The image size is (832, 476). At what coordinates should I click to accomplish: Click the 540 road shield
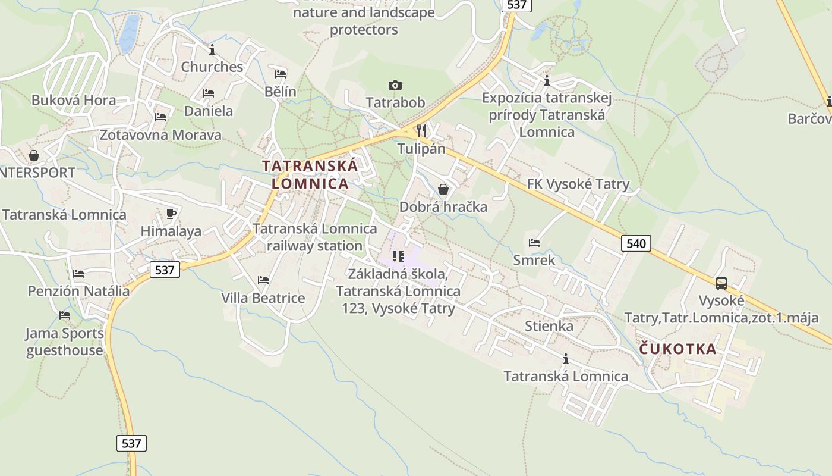click(636, 243)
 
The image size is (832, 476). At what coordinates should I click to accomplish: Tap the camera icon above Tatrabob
click(395, 86)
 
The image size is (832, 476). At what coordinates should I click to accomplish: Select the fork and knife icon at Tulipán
click(421, 130)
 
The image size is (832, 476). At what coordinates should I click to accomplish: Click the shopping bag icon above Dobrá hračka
click(443, 189)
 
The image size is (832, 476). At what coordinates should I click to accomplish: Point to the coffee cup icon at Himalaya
click(171, 214)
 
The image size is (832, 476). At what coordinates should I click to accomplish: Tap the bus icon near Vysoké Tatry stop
click(721, 283)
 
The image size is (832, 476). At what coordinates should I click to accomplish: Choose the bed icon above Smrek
click(534, 242)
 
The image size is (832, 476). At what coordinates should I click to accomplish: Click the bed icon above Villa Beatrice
click(263, 280)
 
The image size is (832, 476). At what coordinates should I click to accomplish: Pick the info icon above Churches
click(212, 49)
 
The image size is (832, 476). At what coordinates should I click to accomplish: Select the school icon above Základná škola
click(398, 256)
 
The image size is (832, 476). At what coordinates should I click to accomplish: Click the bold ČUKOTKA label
click(678, 349)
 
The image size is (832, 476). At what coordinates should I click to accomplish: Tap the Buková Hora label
click(74, 100)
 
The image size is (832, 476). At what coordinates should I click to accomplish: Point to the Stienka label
click(549, 326)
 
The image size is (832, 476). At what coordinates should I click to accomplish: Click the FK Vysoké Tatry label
click(578, 184)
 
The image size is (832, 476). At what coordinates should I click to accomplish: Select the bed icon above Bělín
click(281, 74)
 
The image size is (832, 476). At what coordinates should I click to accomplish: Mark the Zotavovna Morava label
click(160, 135)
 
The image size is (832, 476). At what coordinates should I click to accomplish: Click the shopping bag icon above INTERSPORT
click(34, 155)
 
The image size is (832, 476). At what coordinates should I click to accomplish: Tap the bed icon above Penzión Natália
click(78, 274)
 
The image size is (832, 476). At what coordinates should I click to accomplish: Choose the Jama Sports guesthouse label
click(65, 342)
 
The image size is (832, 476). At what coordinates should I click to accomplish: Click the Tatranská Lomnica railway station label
click(314, 237)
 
